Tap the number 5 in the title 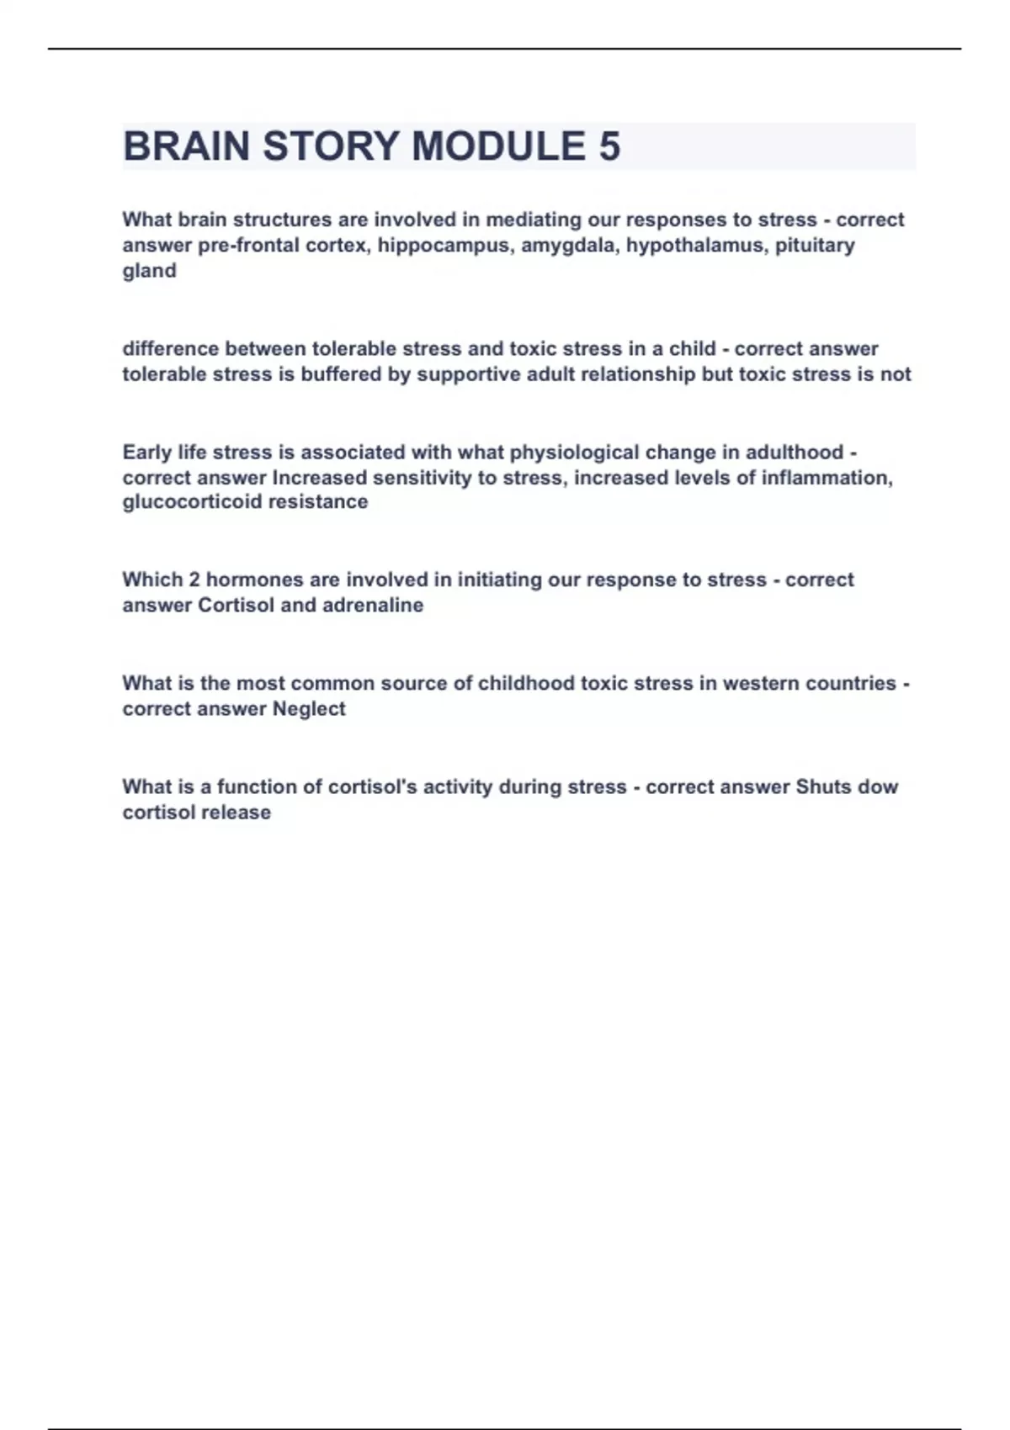point(609,146)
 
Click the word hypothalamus point(694,246)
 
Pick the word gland point(149,271)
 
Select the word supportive point(469,374)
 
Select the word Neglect point(309,709)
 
